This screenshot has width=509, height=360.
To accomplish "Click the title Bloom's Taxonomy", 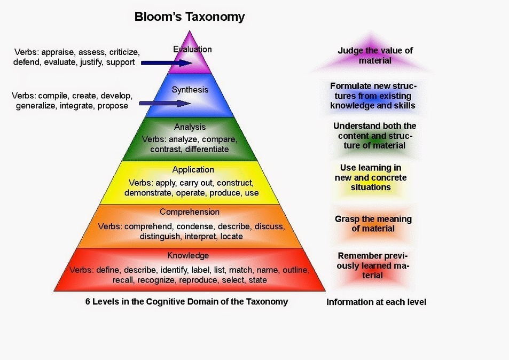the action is (x=190, y=17).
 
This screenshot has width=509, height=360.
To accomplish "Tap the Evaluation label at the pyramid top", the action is (x=192, y=49).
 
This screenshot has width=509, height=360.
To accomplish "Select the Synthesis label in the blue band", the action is (x=190, y=90).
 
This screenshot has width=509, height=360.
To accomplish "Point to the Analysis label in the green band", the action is (x=190, y=127).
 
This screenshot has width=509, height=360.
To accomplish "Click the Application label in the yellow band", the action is (x=193, y=170).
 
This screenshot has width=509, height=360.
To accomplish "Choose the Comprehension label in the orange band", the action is (x=190, y=212).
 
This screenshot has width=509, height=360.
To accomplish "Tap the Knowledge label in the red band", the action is (x=188, y=255).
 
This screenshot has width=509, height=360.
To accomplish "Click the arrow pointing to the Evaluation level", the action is (x=167, y=63).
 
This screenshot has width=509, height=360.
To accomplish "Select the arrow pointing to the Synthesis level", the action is (x=165, y=104).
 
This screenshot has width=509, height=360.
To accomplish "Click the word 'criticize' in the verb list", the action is (x=124, y=52).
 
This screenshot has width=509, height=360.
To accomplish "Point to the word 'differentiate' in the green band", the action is (x=207, y=150).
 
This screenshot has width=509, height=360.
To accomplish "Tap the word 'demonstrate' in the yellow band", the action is (x=149, y=193).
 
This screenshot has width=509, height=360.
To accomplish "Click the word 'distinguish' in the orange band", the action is (x=160, y=236).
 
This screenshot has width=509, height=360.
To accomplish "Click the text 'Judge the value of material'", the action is (x=375, y=56).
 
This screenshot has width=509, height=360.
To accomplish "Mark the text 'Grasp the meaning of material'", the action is (x=373, y=224).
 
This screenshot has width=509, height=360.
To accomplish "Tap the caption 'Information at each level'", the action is (x=376, y=302).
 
